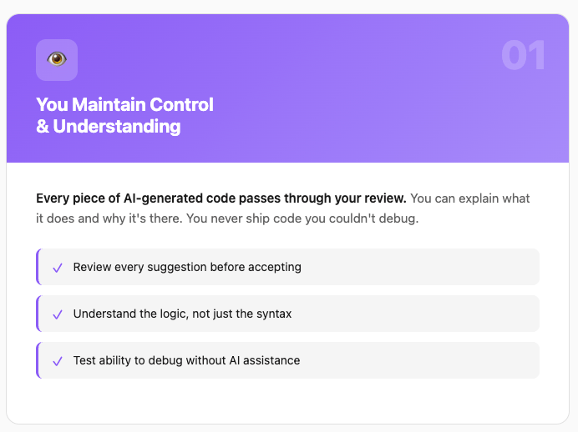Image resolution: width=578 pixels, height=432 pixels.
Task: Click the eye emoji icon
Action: point(57,59)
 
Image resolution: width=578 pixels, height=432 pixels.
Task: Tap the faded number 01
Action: point(523,55)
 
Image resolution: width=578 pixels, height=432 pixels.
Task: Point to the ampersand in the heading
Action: point(43,126)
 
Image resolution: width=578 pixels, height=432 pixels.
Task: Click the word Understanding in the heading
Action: point(117,127)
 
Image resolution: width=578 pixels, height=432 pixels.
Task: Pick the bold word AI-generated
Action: point(163,198)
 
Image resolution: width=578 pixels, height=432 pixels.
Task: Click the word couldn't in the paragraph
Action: point(352,219)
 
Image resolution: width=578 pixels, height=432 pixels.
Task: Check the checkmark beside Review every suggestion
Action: point(58,268)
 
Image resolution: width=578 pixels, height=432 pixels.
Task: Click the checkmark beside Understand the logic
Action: point(58,314)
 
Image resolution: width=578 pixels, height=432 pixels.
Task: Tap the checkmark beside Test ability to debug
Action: point(58,361)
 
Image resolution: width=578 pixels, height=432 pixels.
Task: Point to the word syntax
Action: point(274,314)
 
